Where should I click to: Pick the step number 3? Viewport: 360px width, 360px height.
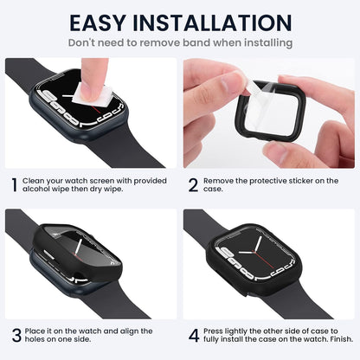[16, 335]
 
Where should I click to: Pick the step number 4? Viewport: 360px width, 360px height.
[195, 335]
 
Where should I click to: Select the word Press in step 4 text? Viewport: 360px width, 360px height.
[218, 331]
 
